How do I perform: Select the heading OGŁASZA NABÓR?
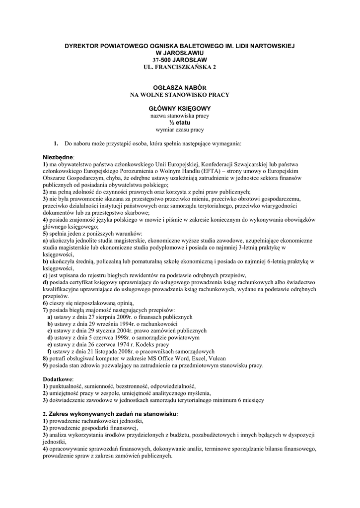180,87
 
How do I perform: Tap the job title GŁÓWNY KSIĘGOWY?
180,108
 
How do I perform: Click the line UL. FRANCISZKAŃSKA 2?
180,66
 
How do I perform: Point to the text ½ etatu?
180,123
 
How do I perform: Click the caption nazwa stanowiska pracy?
180,116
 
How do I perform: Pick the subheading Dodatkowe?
58,379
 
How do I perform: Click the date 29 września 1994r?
106,323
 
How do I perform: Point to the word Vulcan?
216,358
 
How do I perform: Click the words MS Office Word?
166,358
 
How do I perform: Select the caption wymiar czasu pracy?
180,129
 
